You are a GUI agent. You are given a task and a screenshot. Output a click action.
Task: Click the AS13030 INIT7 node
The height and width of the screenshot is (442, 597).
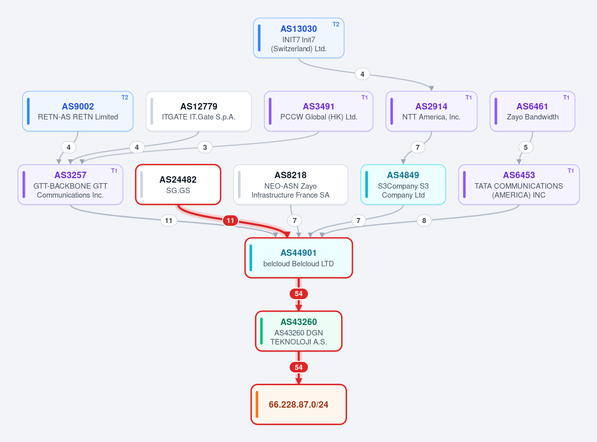[x=299, y=38]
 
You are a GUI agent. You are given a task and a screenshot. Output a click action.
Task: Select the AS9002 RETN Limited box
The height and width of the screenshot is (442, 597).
[x=78, y=111]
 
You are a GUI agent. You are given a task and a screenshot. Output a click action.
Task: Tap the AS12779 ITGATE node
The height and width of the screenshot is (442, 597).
[x=199, y=111]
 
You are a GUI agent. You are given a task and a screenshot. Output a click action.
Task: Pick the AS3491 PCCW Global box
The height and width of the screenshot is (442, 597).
[x=319, y=111]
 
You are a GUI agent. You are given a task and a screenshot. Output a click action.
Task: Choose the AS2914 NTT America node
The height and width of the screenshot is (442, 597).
[x=431, y=111]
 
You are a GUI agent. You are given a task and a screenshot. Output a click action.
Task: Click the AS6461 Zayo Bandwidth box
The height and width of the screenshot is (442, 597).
[x=532, y=111]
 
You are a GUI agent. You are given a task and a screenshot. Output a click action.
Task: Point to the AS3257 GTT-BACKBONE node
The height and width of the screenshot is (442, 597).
[x=70, y=185]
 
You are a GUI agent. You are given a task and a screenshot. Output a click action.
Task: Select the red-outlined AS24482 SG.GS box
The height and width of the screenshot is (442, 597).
[x=178, y=185]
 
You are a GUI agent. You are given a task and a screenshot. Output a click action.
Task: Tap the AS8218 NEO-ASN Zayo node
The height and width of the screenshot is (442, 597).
[x=290, y=185]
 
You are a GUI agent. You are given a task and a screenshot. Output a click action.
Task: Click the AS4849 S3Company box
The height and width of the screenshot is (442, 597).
[x=403, y=185]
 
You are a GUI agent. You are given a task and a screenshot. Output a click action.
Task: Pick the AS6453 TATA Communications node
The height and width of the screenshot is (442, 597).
[x=519, y=185]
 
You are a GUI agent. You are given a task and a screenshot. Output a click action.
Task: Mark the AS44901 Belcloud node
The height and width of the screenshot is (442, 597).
[x=299, y=258]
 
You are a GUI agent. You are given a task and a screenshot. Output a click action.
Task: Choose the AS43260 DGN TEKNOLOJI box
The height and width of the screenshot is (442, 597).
[x=299, y=331]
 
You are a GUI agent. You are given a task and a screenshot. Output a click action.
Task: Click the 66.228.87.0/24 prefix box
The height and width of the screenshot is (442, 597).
[x=299, y=404]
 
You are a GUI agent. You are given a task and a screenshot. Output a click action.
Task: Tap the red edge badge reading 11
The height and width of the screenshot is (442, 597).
[x=231, y=221]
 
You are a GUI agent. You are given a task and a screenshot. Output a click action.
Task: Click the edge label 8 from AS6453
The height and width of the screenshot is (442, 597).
[x=424, y=221]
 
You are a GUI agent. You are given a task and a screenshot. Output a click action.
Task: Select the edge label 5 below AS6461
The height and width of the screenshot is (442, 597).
[x=526, y=147]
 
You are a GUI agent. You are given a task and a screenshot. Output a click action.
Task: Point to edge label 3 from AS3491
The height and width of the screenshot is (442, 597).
[x=205, y=147]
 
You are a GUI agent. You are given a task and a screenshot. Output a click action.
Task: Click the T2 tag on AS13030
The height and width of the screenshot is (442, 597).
[x=336, y=24]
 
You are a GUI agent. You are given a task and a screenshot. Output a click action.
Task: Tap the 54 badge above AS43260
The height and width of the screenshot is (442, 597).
[x=299, y=294]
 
